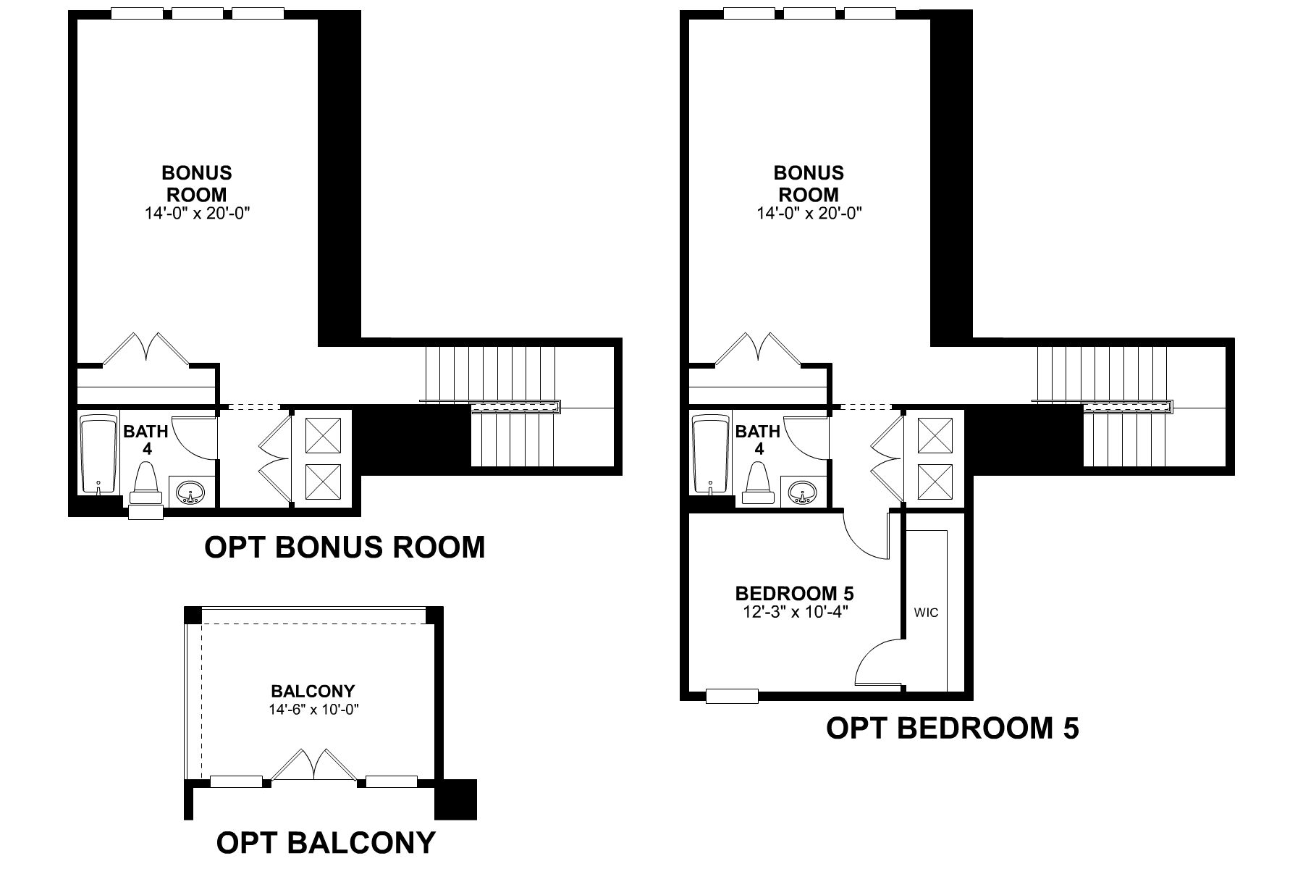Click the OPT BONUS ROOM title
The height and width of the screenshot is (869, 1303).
[345, 547]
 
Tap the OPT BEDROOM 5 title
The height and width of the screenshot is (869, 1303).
[952, 728]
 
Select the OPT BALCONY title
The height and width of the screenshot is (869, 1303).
[326, 842]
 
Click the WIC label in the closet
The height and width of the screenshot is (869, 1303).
[926, 613]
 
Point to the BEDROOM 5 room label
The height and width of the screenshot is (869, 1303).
[794, 594]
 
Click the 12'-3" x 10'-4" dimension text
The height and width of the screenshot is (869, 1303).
[794, 612]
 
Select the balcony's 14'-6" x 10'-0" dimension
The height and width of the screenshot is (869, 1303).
[313, 710]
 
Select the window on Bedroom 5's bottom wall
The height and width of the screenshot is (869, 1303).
[732, 696]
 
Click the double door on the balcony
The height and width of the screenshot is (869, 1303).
[313, 765]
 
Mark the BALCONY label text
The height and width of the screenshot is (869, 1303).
[313, 691]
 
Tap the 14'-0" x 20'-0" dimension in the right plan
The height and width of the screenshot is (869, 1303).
[809, 214]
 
